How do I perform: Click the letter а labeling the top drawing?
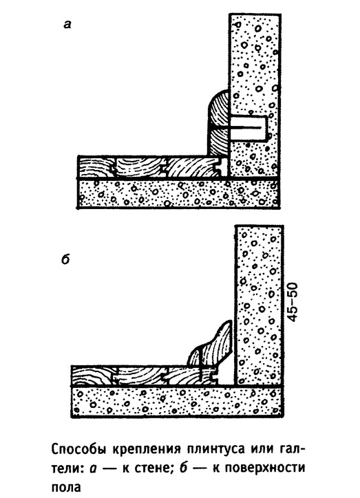[x=67, y=25]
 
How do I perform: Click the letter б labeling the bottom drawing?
[x=65, y=260]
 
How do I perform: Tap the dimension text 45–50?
[x=294, y=302]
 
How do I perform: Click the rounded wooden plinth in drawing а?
[x=218, y=124]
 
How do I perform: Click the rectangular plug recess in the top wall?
[x=248, y=129]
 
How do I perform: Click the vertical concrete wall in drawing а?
[x=254, y=96]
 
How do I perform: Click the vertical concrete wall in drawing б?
[x=259, y=305]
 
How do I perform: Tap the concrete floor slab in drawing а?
[x=179, y=194]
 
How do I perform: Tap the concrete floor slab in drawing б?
[x=178, y=402]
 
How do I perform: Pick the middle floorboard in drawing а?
[x=138, y=168]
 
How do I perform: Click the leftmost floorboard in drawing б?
[x=94, y=376]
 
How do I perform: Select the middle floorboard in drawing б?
[x=140, y=376]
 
